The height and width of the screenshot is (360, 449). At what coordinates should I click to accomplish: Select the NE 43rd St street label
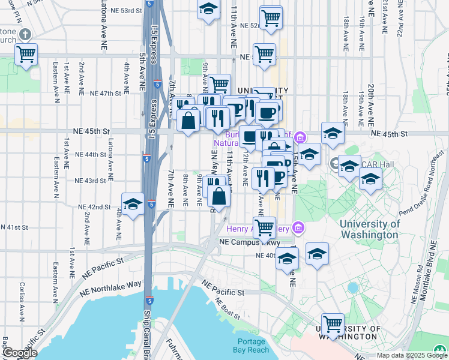tap(90, 181)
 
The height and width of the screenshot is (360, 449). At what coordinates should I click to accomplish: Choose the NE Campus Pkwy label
tap(241, 242)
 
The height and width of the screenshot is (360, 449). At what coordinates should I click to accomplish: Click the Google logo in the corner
tap(19, 353)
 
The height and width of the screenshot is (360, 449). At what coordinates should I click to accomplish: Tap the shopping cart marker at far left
tap(26, 55)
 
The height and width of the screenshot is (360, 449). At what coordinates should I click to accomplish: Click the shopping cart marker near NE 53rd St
tap(271, 17)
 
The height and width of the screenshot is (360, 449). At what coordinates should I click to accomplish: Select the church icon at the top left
tap(25, 35)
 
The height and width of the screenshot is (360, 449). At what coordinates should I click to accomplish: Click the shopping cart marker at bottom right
tap(333, 324)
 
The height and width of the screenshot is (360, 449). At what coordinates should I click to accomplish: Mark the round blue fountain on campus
tap(353, 287)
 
